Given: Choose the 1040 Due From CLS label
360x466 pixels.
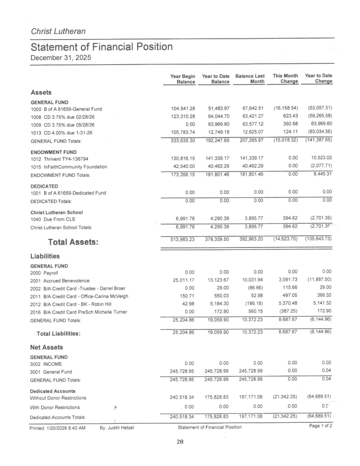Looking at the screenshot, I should (53, 219).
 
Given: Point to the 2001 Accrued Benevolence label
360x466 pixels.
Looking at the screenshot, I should (60, 281).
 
